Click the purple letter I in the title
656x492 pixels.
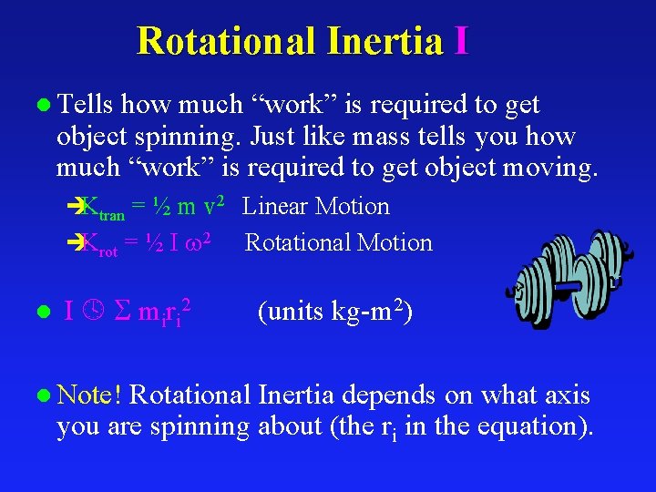click(x=460, y=41)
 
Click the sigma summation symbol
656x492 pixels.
click(x=119, y=312)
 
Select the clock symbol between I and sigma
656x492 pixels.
click(x=92, y=312)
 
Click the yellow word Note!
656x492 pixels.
click(x=87, y=395)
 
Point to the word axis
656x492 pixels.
click(x=568, y=395)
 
